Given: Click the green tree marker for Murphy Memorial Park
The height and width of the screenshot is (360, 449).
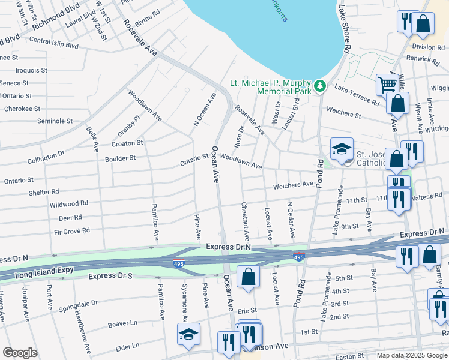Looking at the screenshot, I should click(321, 86).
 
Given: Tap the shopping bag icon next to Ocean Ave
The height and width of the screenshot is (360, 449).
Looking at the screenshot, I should click(247, 277).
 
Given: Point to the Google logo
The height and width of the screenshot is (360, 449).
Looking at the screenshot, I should click(20, 353).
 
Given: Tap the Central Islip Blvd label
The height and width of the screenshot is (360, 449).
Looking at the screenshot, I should click(53, 44).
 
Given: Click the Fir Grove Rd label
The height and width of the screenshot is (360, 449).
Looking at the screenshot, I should click(71, 230).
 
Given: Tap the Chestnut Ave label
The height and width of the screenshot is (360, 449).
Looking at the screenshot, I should click(245, 221).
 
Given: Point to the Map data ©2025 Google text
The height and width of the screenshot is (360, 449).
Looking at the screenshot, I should click(412, 355).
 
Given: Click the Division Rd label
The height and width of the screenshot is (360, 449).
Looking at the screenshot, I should click(427, 47).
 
